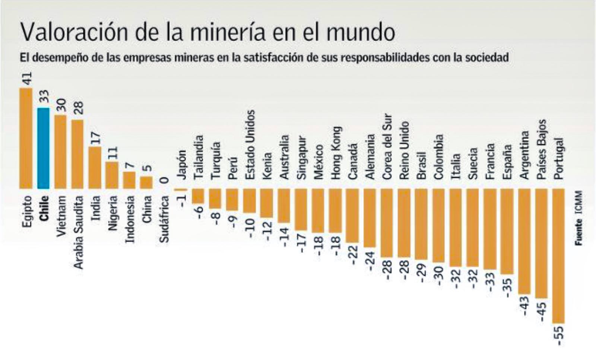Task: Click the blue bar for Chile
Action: point(43,148)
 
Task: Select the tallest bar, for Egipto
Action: point(26,138)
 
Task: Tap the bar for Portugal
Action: point(558,256)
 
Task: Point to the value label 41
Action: point(26,79)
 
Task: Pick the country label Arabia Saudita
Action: point(78,232)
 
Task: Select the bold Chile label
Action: point(44,208)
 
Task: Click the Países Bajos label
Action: point(542,149)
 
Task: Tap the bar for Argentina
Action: point(524,241)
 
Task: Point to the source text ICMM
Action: point(578,203)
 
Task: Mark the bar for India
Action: point(95,168)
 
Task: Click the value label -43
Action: point(524,306)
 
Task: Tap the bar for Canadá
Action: point(352,216)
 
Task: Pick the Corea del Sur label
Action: point(387,147)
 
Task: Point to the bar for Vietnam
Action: point(60,152)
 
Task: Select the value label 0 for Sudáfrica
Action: point(164,181)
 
